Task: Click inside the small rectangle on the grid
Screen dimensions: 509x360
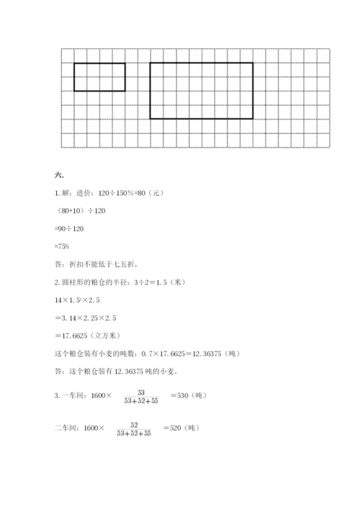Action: (x=99, y=77)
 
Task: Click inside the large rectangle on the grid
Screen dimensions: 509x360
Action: (x=202, y=90)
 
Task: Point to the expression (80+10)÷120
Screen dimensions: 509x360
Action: (x=81, y=211)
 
